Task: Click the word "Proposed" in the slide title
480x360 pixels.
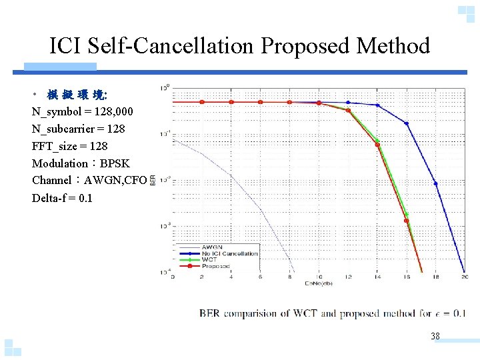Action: click(306, 46)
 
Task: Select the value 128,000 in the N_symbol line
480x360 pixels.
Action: click(120, 111)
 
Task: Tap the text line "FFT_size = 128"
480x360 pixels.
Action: click(69, 145)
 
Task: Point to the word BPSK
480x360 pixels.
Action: click(115, 163)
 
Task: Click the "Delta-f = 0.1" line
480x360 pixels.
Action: click(62, 198)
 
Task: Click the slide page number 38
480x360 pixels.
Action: click(435, 336)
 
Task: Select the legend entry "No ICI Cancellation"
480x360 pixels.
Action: click(229, 253)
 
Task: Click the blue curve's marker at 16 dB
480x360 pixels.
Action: click(407, 123)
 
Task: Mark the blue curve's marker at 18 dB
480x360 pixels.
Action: click(436, 183)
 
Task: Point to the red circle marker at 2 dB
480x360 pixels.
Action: click(202, 102)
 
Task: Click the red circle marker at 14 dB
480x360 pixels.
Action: click(377, 145)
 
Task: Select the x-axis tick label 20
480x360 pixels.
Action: click(464, 277)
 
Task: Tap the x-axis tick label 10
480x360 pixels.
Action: click(319, 277)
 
